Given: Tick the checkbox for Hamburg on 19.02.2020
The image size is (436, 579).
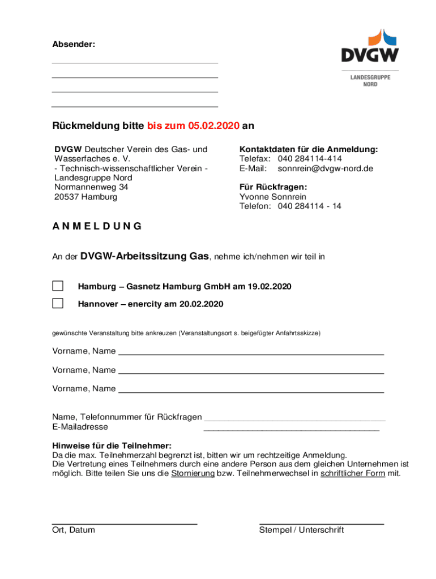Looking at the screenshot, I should [58, 286].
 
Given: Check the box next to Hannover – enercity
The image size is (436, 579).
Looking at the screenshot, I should [58, 303].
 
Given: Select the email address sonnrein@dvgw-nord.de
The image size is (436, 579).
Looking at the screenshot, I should [325, 168].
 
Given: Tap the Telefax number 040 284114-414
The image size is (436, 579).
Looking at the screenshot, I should [309, 159].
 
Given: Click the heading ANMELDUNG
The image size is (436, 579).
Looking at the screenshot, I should [97, 227].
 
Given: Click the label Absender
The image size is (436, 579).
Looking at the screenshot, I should [74, 44].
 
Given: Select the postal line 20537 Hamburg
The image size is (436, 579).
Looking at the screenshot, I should [86, 197].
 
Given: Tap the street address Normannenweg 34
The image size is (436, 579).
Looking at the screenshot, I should [91, 187].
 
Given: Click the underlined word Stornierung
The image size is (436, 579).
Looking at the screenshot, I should [193, 473].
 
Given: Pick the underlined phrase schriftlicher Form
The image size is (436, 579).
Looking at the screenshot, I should [352, 473].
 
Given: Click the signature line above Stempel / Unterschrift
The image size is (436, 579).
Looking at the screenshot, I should [321, 524].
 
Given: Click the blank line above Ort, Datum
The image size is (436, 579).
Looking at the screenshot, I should [125, 524].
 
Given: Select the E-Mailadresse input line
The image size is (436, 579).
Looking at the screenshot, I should [291, 430].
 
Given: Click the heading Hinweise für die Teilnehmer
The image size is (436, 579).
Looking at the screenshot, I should [112, 446].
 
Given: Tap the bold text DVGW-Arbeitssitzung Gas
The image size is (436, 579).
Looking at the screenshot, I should [145, 257].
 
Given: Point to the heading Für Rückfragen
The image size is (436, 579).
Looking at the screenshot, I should [273, 187].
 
